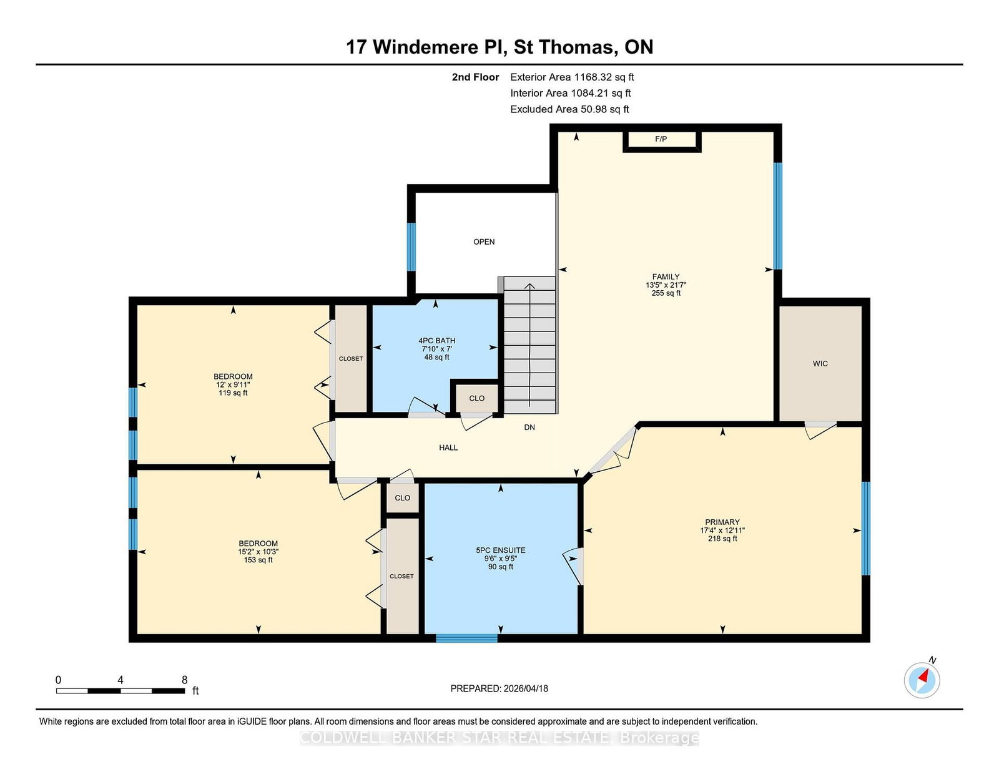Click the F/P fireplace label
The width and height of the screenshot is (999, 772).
click(661, 139)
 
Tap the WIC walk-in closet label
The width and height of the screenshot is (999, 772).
click(820, 363)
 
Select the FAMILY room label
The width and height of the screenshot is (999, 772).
click(666, 276)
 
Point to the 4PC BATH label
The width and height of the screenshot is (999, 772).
click(436, 341)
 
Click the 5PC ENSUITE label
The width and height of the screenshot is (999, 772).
click(501, 550)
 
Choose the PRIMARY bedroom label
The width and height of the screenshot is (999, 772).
click(722, 522)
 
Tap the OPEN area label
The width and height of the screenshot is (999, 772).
click(484, 242)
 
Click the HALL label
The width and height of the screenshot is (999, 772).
click(448, 447)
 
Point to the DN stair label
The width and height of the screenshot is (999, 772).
click(529, 428)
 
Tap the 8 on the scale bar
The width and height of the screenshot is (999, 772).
click(184, 680)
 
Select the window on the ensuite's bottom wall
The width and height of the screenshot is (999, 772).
click(466, 638)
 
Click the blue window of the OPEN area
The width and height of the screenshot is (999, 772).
click(411, 247)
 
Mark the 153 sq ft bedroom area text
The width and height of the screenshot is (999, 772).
click(258, 560)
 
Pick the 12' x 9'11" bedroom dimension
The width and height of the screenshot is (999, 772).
click(233, 384)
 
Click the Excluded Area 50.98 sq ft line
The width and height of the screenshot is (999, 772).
click(569, 109)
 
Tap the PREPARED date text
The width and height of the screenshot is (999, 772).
click(499, 688)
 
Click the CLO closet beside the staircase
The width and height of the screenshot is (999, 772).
click(477, 398)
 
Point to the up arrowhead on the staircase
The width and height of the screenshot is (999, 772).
click(529, 286)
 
